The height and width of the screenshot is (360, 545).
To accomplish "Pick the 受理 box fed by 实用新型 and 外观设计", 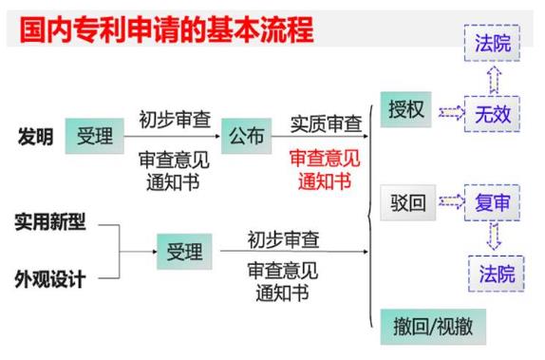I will point(183,252).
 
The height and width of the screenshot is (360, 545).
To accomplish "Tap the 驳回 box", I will point(407,204).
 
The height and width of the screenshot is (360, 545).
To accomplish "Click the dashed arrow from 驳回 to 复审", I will point(450,204).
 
